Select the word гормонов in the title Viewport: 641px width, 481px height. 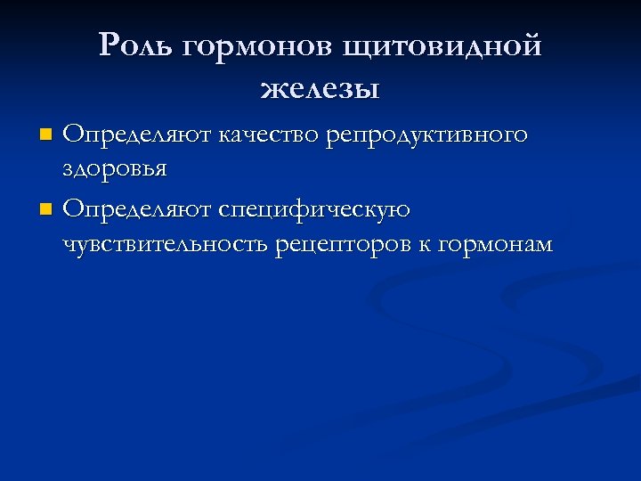pyautogui.click(x=244, y=45)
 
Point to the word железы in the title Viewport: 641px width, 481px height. pyautogui.click(x=320, y=88)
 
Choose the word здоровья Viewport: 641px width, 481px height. pyautogui.click(x=116, y=168)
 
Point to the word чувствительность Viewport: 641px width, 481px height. pyautogui.click(x=166, y=243)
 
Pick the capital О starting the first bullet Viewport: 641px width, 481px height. pyautogui.click(x=73, y=135)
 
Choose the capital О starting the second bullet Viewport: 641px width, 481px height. pyautogui.click(x=73, y=209)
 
